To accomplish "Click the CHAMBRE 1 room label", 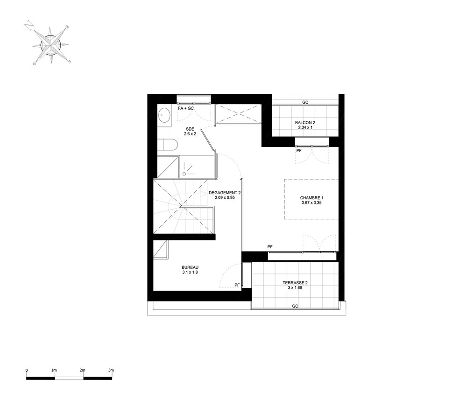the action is tap(311, 198).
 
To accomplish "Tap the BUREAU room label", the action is tap(190, 267).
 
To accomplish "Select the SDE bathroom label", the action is tap(190, 129).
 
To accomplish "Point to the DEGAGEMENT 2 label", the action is tap(225, 193).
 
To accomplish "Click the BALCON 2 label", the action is tap(305, 123).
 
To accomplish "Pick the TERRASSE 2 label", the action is tap(295, 283).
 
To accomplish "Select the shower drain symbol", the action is tap(184, 174).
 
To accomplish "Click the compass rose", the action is tap(51, 45).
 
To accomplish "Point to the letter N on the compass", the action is tap(28, 26).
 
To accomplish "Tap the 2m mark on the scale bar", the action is tap(83, 370).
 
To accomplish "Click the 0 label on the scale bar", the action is tap(27, 370).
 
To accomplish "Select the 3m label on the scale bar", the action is tap(111, 370).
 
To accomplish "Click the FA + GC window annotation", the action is tap(186, 108).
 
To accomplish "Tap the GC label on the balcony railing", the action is tap(305, 102).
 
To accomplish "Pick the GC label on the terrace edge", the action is tap(295, 306).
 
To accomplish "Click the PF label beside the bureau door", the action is tap(237, 285).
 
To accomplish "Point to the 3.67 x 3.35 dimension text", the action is tap(311, 203).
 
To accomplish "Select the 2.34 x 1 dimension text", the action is tap(305, 127).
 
